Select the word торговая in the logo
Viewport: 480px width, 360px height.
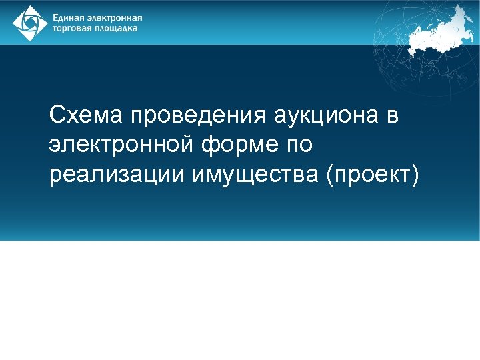pos(72,29)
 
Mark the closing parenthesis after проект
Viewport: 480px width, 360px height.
pos(415,175)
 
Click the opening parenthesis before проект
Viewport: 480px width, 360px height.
pos(328,175)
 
